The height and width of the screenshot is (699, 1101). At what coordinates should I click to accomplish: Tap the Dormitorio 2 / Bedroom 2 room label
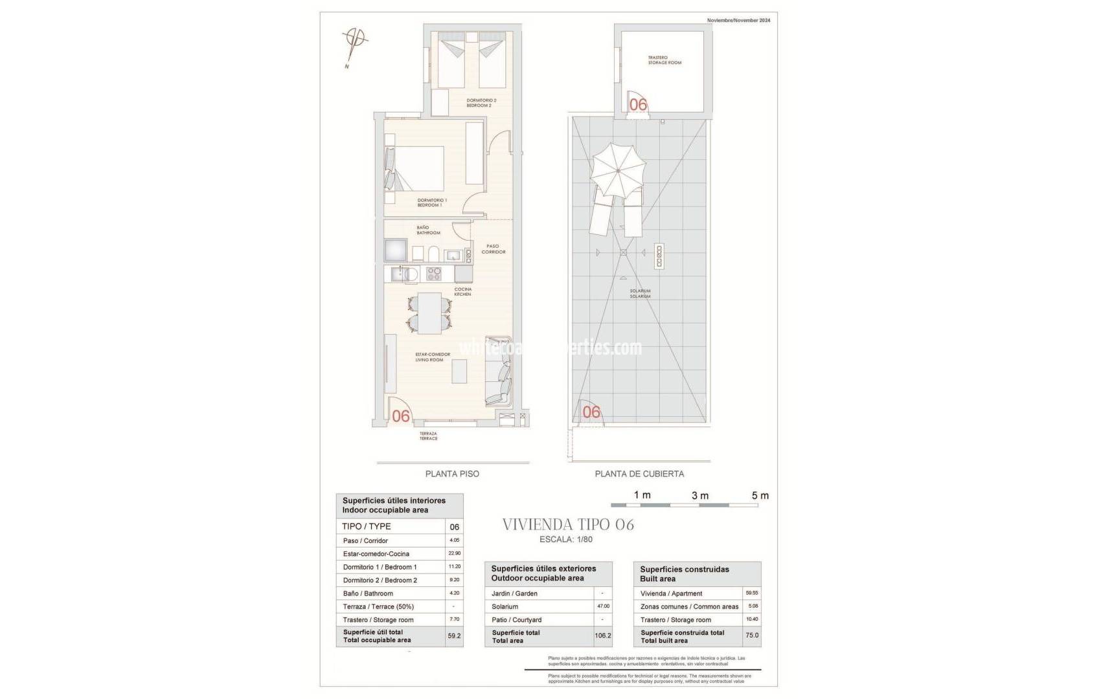coord(481,102)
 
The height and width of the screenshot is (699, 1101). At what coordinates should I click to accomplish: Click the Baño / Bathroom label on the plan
coord(428,230)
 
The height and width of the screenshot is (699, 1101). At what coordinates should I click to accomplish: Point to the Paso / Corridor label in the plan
coord(493,249)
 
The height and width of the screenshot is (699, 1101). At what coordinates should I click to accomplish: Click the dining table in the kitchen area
coord(429,313)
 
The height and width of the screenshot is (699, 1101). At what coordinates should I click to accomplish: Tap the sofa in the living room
coord(499,373)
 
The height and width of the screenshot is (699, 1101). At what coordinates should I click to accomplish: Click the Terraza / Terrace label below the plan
coord(428,436)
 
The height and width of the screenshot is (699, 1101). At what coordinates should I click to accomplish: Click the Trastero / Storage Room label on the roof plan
coord(664,60)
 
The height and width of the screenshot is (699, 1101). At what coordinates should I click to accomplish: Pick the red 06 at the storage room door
coord(638,104)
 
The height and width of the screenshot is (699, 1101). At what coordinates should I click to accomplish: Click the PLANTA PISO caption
coord(452,474)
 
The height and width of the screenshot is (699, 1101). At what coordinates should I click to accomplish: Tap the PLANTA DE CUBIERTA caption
coord(639,474)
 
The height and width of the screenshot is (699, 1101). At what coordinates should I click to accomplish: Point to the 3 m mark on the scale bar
coord(699,496)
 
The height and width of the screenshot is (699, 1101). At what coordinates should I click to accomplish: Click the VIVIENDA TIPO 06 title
coord(568,524)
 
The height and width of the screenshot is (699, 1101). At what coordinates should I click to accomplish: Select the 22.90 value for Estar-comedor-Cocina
coord(454,553)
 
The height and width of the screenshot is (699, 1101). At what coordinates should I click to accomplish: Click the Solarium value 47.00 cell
coord(602,606)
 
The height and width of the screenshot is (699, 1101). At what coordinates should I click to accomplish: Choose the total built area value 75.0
coord(751,636)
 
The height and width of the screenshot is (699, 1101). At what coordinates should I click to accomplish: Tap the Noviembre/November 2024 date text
coord(738,21)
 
